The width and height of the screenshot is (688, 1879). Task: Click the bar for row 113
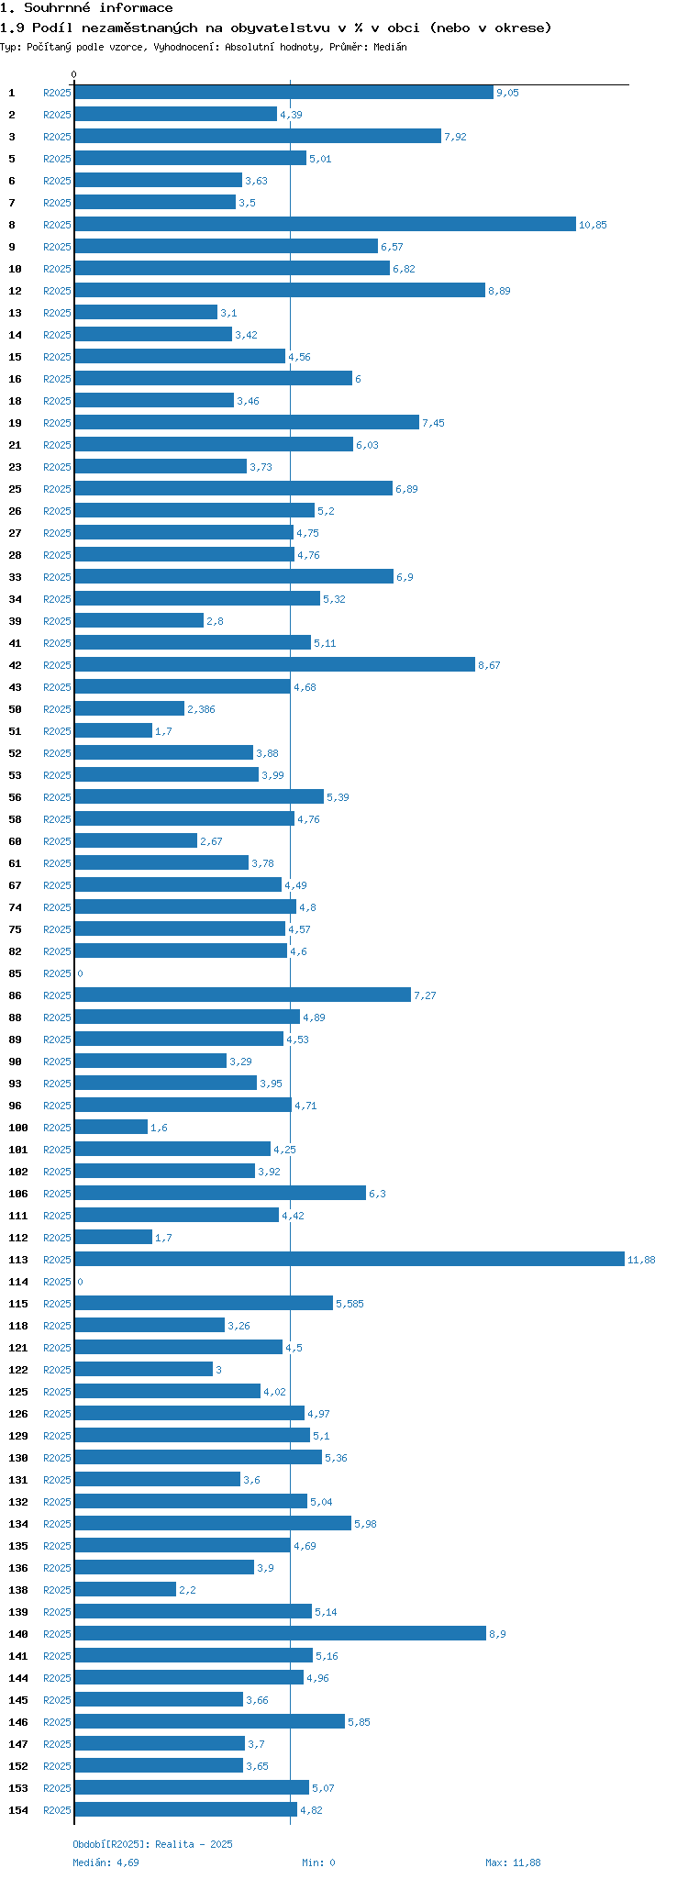coord(349,1259)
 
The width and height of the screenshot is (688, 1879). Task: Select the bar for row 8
coord(325,224)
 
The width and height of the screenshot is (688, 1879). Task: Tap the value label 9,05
coord(507,93)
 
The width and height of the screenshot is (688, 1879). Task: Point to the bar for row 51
coord(113,730)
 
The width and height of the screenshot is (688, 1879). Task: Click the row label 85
coord(16,973)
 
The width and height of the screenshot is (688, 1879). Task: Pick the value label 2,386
coord(201,709)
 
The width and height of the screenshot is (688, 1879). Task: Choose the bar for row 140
coord(280,1633)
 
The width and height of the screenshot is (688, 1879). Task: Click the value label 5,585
coord(350,1304)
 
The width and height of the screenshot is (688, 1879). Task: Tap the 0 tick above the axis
coord(74,74)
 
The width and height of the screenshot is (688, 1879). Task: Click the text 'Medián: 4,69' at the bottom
coord(105,1862)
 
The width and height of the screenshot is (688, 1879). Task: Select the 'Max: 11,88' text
coord(513,1862)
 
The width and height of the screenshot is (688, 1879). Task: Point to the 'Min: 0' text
coord(318,1862)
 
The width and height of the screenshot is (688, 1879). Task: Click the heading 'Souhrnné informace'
coord(98,8)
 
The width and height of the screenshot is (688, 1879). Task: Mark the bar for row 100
coord(110,1127)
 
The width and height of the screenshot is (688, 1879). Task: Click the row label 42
coord(16,665)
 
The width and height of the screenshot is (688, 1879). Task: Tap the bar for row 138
coord(125,1589)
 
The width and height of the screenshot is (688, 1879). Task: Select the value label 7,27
coord(425,995)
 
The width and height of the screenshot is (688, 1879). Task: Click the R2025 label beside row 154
coord(57,1810)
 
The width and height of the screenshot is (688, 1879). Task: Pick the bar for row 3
coord(257,136)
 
